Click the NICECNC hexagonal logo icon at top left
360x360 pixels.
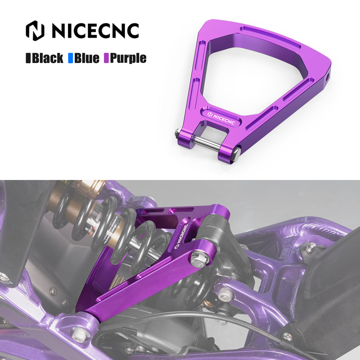click(35, 31)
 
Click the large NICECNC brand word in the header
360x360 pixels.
click(95, 31)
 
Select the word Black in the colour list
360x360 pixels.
click(47, 58)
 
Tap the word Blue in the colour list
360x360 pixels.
click(87, 58)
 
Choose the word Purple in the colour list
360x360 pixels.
click(128, 58)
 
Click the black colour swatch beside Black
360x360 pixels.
click(28, 58)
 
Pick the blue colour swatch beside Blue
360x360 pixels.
click(70, 58)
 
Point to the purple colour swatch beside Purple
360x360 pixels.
click(106, 58)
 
